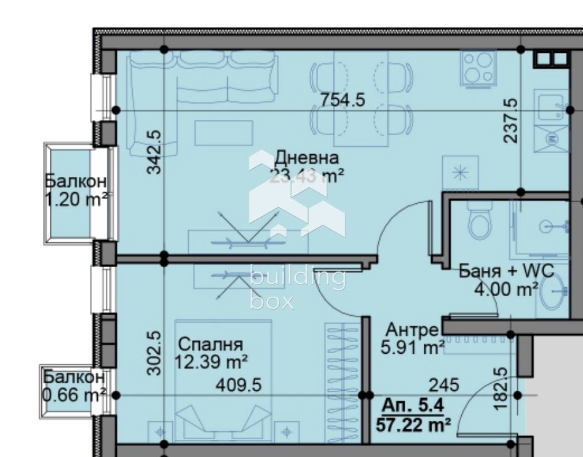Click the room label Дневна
(x=306, y=157)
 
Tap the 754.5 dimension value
(x=343, y=100)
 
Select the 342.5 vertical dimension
(x=155, y=151)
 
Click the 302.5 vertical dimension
(x=155, y=353)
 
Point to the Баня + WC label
(x=506, y=271)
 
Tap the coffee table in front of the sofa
(x=224, y=133)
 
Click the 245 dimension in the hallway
(x=443, y=385)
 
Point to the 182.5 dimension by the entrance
(x=501, y=388)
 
